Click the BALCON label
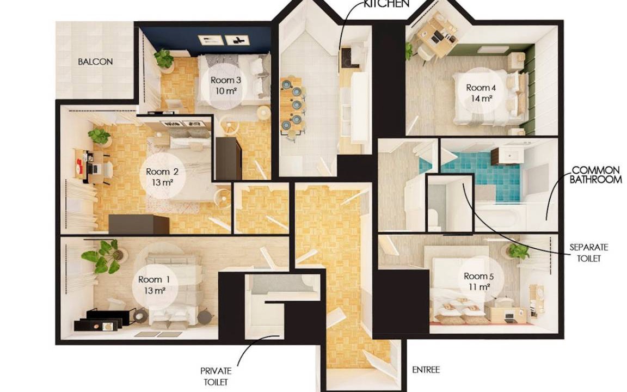95,62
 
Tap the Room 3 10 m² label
226,85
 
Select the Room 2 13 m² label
162,177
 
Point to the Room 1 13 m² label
154,285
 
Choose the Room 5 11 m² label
478,281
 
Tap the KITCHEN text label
386,4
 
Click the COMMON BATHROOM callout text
596,175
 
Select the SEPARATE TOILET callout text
588,253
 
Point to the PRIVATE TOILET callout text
216,376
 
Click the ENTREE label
426,370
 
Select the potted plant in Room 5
518,251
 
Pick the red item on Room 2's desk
79,164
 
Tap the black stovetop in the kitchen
346,58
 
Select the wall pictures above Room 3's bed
224,40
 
